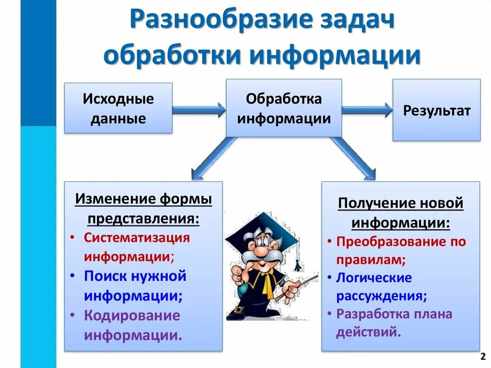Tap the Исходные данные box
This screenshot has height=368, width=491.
[118, 108]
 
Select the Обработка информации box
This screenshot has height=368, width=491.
[284, 108]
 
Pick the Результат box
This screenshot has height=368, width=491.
[436, 110]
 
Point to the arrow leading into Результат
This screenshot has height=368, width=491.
[367, 110]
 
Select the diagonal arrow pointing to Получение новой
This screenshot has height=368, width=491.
[355, 158]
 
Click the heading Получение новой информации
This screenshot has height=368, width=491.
[400, 213]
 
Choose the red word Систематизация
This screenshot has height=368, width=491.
[137, 237]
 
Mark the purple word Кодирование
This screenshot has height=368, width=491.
[132, 316]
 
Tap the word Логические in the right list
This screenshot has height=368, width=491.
[374, 278]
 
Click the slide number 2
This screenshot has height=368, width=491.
[482, 357]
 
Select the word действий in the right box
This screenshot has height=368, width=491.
[368, 332]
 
